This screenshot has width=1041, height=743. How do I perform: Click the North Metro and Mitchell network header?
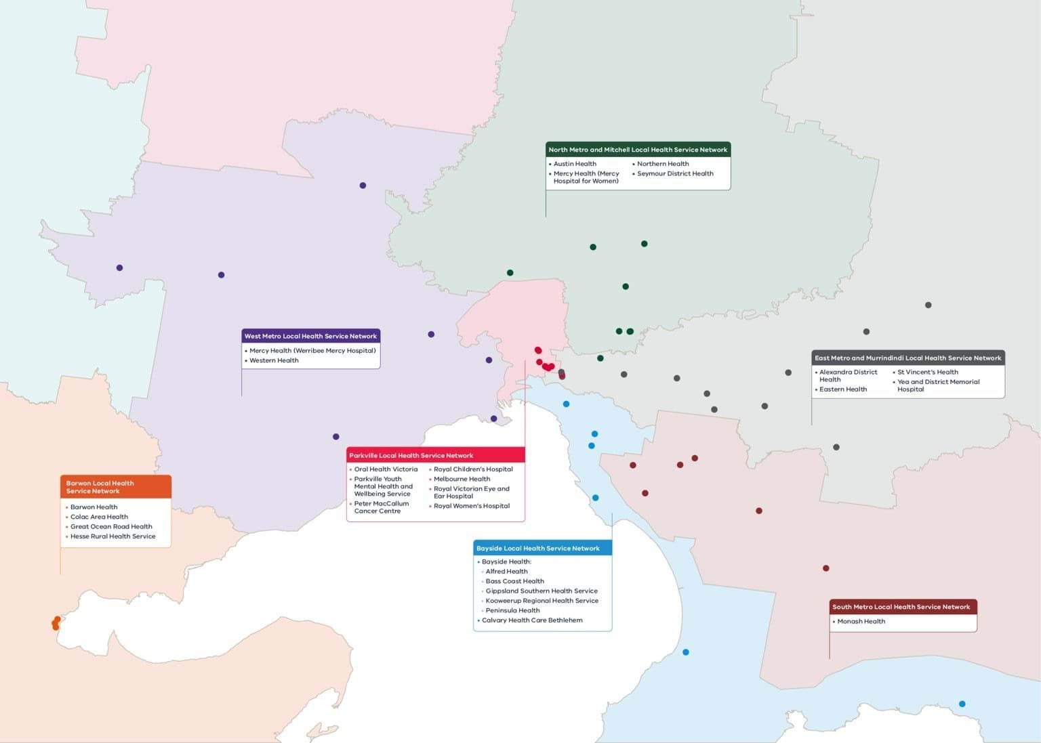[638, 150]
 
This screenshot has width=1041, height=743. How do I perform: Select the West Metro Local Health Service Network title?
[310, 336]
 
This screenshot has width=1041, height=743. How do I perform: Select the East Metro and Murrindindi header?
[907, 358]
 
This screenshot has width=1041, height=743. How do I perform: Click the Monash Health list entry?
[861, 621]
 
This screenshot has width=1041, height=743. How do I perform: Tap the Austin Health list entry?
[575, 164]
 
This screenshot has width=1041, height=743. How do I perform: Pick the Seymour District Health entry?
[675, 173]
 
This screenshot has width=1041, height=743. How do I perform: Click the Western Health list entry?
[274, 360]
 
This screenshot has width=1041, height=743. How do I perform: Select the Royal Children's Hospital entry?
[473, 469]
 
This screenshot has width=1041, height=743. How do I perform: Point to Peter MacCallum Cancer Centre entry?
[381, 507]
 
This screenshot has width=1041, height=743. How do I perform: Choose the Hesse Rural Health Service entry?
[113, 536]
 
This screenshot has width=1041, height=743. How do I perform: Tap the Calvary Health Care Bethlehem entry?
[532, 620]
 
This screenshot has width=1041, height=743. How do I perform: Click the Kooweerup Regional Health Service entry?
[542, 601]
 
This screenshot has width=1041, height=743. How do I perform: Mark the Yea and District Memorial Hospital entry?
[938, 385]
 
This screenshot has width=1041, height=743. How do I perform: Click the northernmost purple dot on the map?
[363, 186]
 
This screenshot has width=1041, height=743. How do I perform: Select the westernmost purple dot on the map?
[120, 268]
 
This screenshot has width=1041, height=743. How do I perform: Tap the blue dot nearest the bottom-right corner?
[962, 704]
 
